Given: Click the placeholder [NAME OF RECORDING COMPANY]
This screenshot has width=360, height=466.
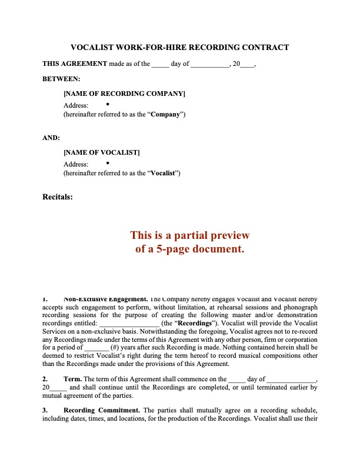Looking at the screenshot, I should (x=124, y=94).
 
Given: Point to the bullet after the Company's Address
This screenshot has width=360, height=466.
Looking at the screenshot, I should (x=108, y=104).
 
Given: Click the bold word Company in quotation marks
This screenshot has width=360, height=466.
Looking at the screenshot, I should (x=165, y=114).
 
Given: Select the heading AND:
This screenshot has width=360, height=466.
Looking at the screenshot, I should (x=51, y=138).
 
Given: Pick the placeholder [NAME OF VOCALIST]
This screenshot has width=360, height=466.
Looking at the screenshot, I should (x=102, y=153).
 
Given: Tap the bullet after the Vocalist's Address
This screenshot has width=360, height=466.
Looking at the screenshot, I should (x=108, y=163).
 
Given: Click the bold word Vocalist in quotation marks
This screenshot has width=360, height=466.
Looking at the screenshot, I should (x=164, y=174).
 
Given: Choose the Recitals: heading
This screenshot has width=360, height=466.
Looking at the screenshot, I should (x=58, y=197).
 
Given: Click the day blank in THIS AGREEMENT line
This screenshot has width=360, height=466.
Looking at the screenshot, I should (x=160, y=64).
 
